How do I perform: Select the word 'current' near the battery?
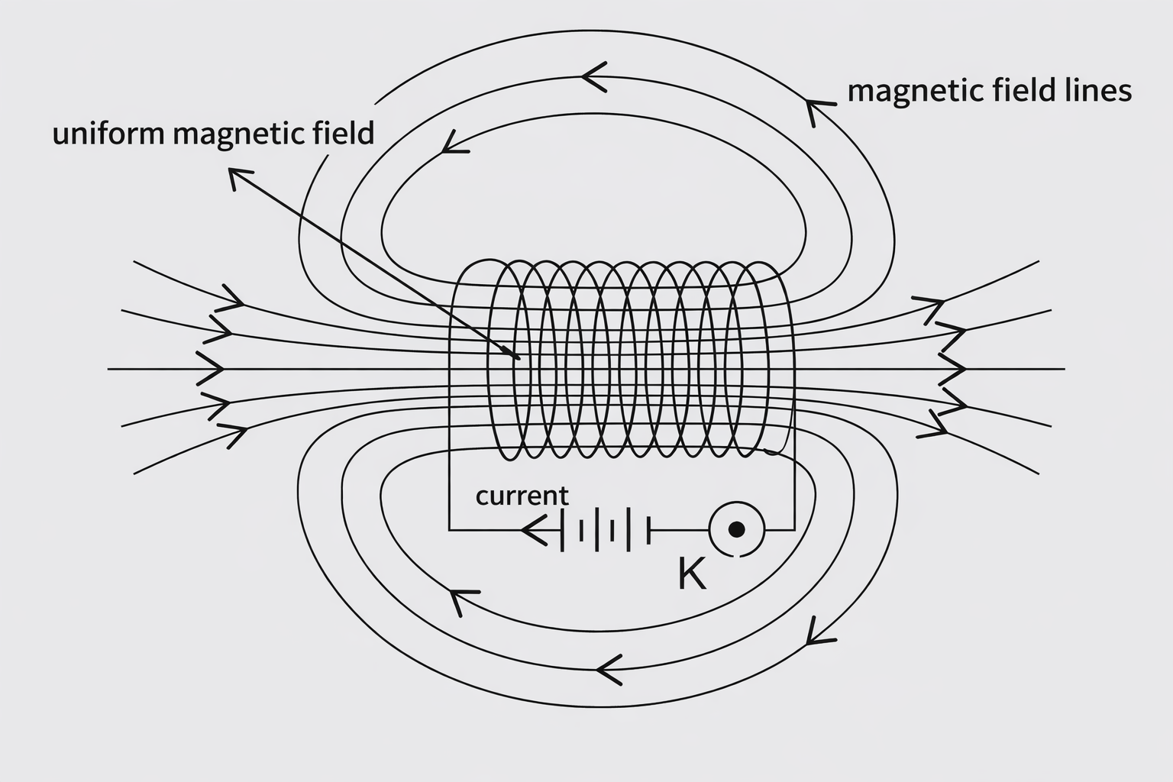522,496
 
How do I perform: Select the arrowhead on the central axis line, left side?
214,369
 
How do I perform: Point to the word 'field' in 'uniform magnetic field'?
345,134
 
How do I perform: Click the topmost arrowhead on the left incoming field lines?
232,300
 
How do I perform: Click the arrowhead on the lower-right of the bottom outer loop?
816,632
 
